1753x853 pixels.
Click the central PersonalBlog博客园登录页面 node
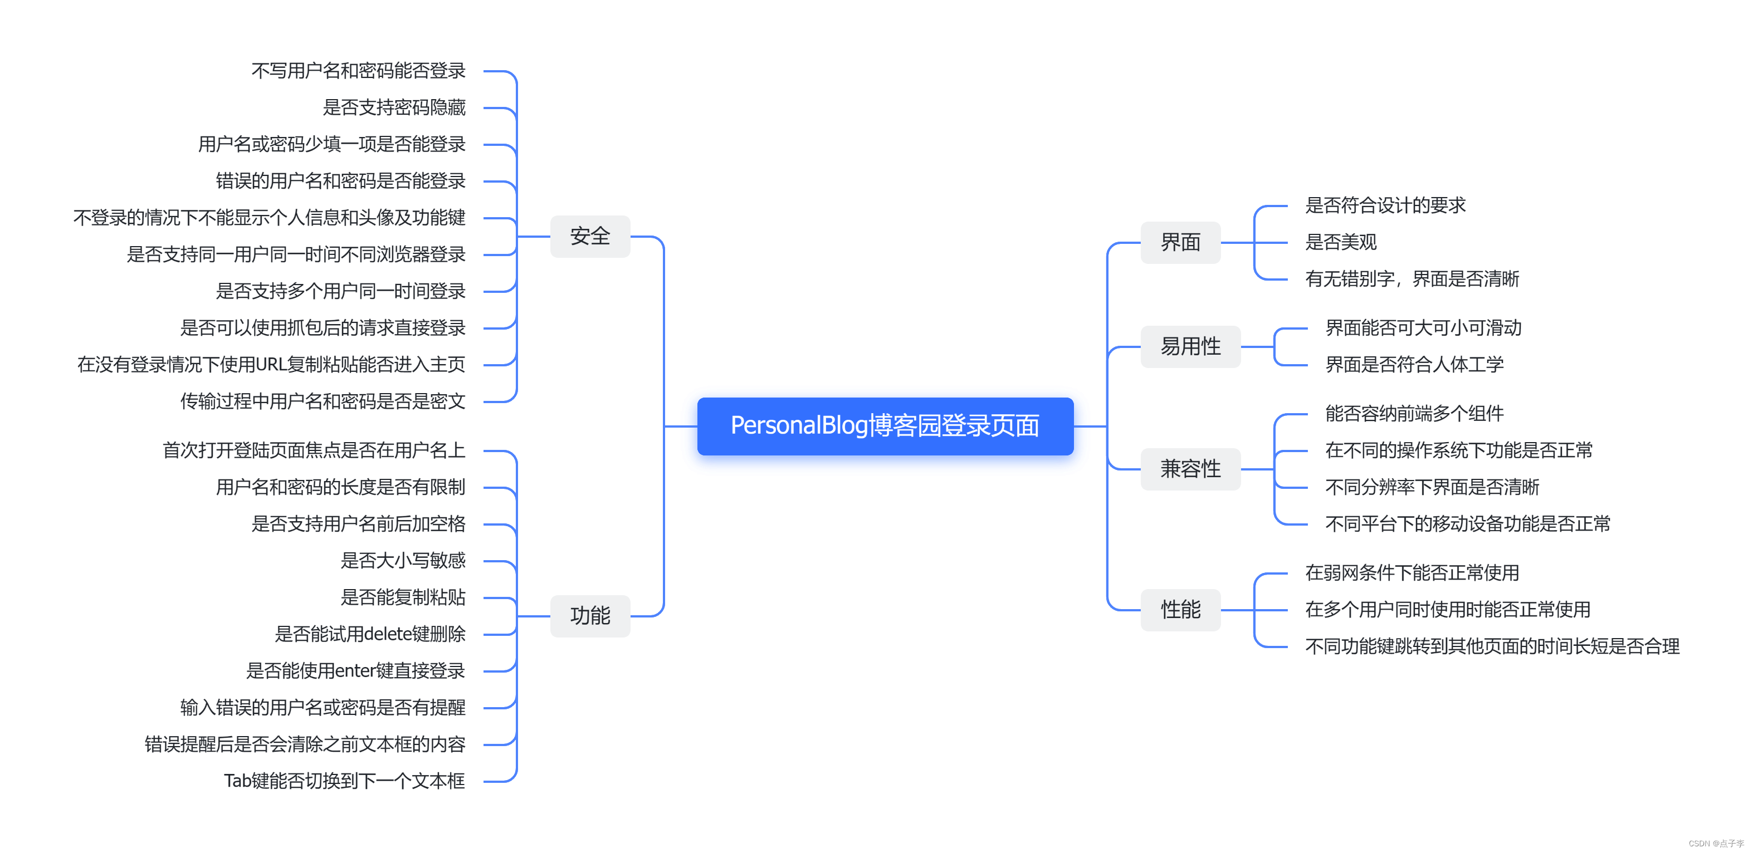(x=885, y=426)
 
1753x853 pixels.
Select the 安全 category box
(x=589, y=236)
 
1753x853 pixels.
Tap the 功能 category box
(x=589, y=616)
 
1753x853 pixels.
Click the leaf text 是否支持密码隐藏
(x=394, y=107)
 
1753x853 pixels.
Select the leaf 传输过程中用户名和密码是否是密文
(x=323, y=401)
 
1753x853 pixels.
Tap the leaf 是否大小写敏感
(x=403, y=561)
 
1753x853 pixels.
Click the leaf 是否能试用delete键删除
(x=369, y=634)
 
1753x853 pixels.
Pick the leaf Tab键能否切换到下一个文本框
(x=344, y=781)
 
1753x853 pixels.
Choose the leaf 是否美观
(x=1341, y=242)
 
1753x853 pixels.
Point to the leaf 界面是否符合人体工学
(x=1414, y=365)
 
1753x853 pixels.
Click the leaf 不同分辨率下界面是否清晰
(x=1432, y=487)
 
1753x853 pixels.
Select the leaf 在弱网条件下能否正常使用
(x=1412, y=573)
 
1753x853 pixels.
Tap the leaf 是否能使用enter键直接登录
(x=355, y=671)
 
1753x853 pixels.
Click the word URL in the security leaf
(x=271, y=365)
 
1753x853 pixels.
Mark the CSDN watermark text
(x=1716, y=844)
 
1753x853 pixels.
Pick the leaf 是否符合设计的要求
(x=1385, y=205)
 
